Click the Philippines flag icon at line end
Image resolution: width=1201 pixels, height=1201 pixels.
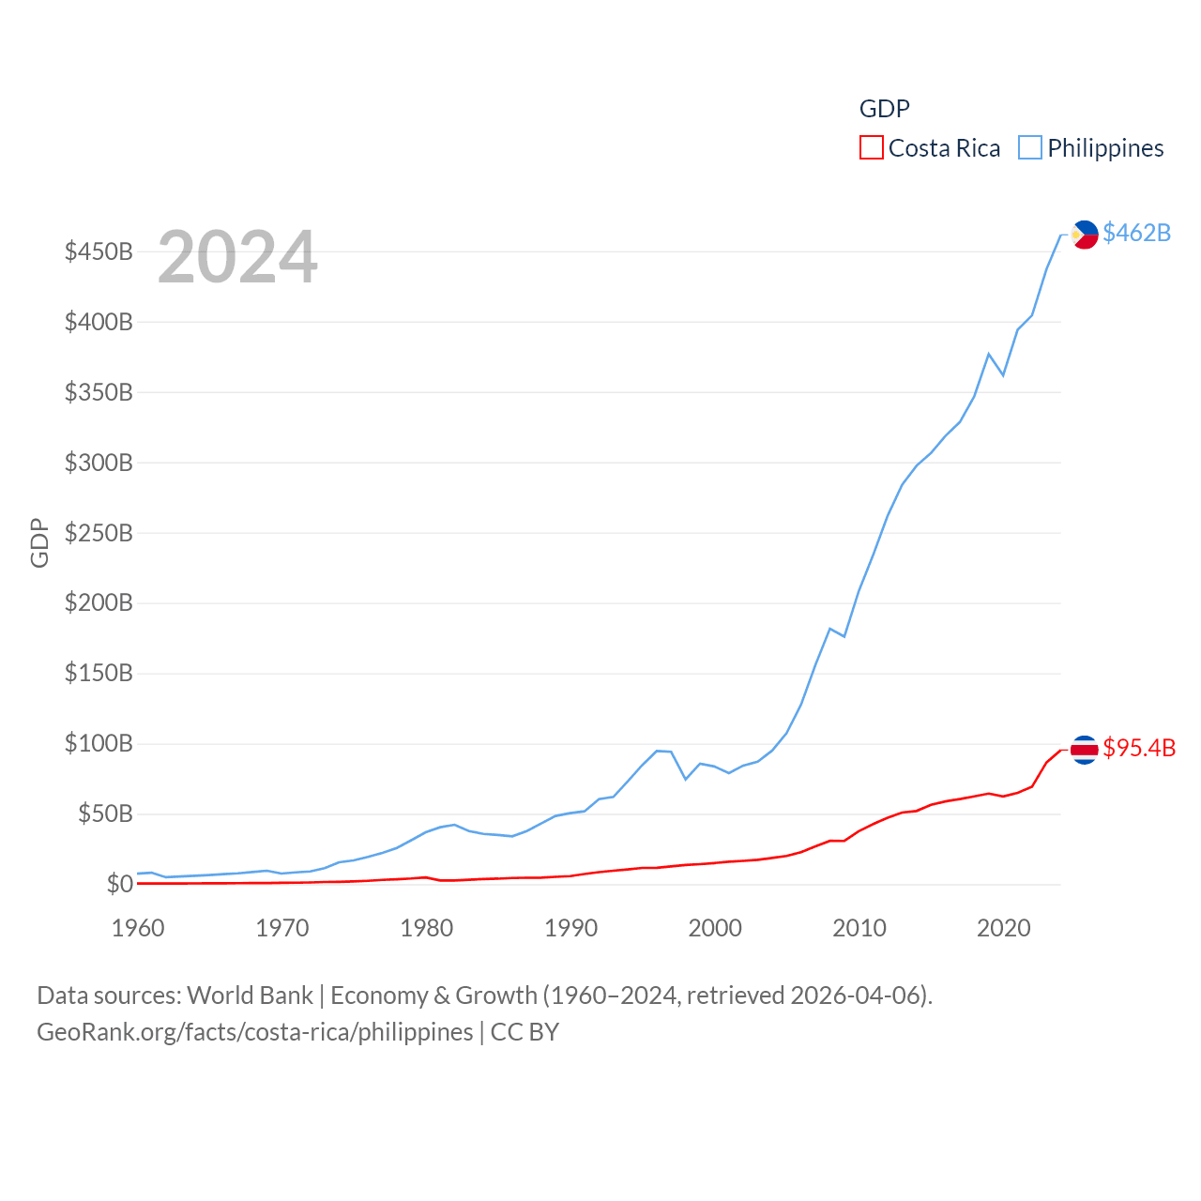tap(1085, 235)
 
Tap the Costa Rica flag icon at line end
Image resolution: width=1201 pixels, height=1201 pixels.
tap(1085, 750)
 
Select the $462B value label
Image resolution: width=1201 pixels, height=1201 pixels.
tap(1136, 233)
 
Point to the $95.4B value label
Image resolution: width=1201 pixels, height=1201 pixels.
tap(1139, 748)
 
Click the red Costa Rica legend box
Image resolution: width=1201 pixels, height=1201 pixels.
tap(872, 148)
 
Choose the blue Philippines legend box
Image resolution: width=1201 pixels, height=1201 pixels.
tap(1030, 148)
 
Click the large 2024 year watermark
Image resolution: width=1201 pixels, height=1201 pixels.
tap(237, 257)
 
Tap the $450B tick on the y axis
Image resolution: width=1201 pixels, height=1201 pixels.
tap(99, 252)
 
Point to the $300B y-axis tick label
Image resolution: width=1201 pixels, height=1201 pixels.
tap(99, 463)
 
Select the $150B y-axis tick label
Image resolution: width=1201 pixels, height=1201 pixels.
tap(99, 674)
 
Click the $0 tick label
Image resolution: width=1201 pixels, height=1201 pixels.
tap(119, 884)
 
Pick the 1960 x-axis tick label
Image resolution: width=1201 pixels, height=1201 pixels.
tap(138, 928)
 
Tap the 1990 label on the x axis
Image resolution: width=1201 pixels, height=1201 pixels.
tap(570, 928)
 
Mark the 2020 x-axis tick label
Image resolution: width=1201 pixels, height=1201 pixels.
tap(1004, 928)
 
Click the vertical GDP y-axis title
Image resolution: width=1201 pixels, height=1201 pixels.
tap(39, 542)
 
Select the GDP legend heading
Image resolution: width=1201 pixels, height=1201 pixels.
tap(885, 109)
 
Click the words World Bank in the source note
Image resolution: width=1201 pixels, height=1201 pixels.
tap(250, 996)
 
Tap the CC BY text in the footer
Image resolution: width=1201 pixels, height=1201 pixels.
tap(524, 1032)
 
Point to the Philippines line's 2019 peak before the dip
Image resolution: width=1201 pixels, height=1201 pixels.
tap(989, 354)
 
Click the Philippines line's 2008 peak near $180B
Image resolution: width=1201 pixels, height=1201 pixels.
tap(830, 629)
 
